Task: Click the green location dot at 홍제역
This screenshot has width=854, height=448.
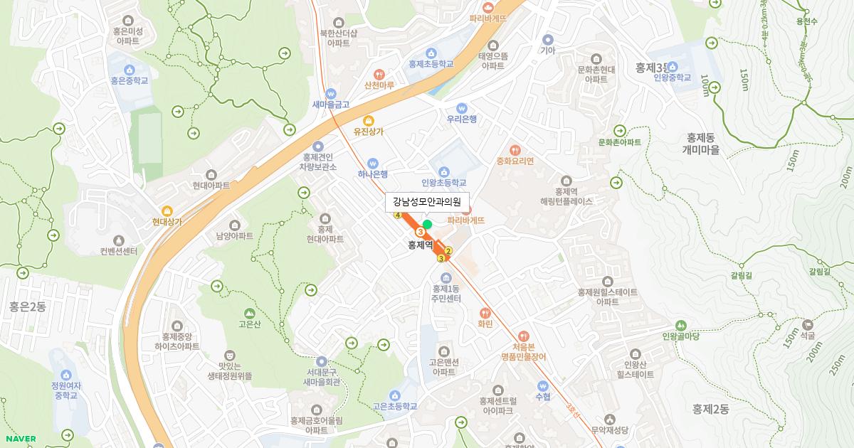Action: pyautogui.click(x=427, y=225)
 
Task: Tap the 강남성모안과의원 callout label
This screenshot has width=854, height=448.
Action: pyautogui.click(x=428, y=202)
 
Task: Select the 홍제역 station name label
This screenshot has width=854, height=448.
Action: pyautogui.click(x=421, y=245)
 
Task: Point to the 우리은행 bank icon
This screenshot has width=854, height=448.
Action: pyautogui.click(x=461, y=107)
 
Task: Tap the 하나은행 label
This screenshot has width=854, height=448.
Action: pyautogui.click(x=373, y=174)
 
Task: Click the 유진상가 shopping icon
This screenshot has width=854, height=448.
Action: pyautogui.click(x=368, y=120)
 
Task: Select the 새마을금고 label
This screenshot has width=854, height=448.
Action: pyautogui.click(x=331, y=105)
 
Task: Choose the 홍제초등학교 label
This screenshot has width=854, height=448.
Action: pyautogui.click(x=431, y=64)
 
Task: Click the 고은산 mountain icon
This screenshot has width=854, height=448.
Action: pyautogui.click(x=249, y=313)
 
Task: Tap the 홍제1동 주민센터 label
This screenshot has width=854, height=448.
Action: pyautogui.click(x=447, y=294)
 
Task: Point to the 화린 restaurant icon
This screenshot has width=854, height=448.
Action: pyautogui.click(x=485, y=312)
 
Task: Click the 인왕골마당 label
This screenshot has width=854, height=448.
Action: pyautogui.click(x=682, y=336)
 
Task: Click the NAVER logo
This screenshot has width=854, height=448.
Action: pyautogui.click(x=20, y=439)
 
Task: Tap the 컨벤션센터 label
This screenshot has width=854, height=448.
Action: pyautogui.click(x=119, y=251)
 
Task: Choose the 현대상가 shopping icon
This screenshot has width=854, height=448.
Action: pyautogui.click(x=167, y=210)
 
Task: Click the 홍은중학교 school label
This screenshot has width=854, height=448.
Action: pyautogui.click(x=130, y=81)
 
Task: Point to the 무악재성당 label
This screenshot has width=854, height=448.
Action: pyautogui.click(x=610, y=430)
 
